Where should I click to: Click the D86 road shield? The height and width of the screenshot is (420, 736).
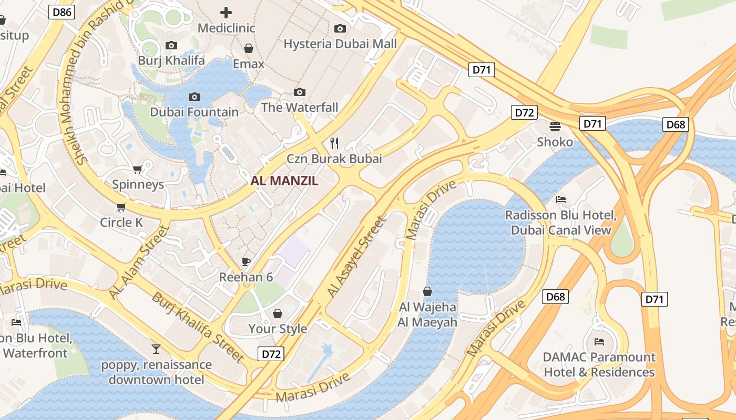(62, 12)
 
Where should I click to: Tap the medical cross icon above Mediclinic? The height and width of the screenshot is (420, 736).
(226, 12)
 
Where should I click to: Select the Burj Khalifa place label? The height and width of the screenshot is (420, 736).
(171, 60)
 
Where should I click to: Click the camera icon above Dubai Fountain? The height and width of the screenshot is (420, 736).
(195, 97)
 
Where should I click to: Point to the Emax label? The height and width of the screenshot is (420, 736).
(249, 64)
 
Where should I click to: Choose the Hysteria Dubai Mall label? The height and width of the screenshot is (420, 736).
(340, 44)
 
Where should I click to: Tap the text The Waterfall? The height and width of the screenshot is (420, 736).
(300, 108)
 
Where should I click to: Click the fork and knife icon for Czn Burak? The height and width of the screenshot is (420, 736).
(334, 143)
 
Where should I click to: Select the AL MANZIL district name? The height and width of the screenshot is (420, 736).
(284, 181)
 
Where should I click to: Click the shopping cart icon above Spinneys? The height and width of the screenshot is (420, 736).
(138, 169)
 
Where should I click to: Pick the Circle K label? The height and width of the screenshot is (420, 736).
(121, 223)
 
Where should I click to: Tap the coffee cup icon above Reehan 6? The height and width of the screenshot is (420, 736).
(246, 261)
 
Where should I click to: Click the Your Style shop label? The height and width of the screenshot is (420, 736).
(278, 329)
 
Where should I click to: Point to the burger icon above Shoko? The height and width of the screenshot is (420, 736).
(555, 126)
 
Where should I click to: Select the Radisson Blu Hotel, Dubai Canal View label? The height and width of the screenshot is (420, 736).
(561, 223)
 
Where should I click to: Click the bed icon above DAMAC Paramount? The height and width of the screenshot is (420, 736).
(599, 342)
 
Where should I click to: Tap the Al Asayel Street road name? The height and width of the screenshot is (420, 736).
(356, 257)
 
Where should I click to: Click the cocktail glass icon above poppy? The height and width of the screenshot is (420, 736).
(156, 349)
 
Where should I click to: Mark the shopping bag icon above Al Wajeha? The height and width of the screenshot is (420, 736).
(427, 291)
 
